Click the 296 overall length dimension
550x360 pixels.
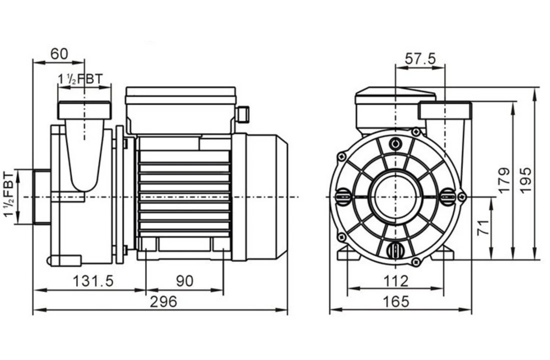pos(164,301)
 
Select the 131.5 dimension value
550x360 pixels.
pos(93,281)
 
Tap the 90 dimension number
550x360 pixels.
pos(184,281)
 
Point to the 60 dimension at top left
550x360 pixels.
pos(59,54)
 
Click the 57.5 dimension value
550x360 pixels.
pos(420,58)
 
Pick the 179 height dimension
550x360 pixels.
pos(504,179)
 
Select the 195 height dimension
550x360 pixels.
pos(525,179)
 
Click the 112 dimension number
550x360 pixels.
pos(396,281)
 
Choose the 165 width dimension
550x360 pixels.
pos(396,301)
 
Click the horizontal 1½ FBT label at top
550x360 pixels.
pos(80,79)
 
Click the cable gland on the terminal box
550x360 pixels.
pos(242,114)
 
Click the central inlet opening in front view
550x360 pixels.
pos(395,196)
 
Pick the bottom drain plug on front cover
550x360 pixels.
pos(395,249)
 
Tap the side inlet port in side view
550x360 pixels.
pos(41,196)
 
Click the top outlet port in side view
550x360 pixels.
pos(84,110)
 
